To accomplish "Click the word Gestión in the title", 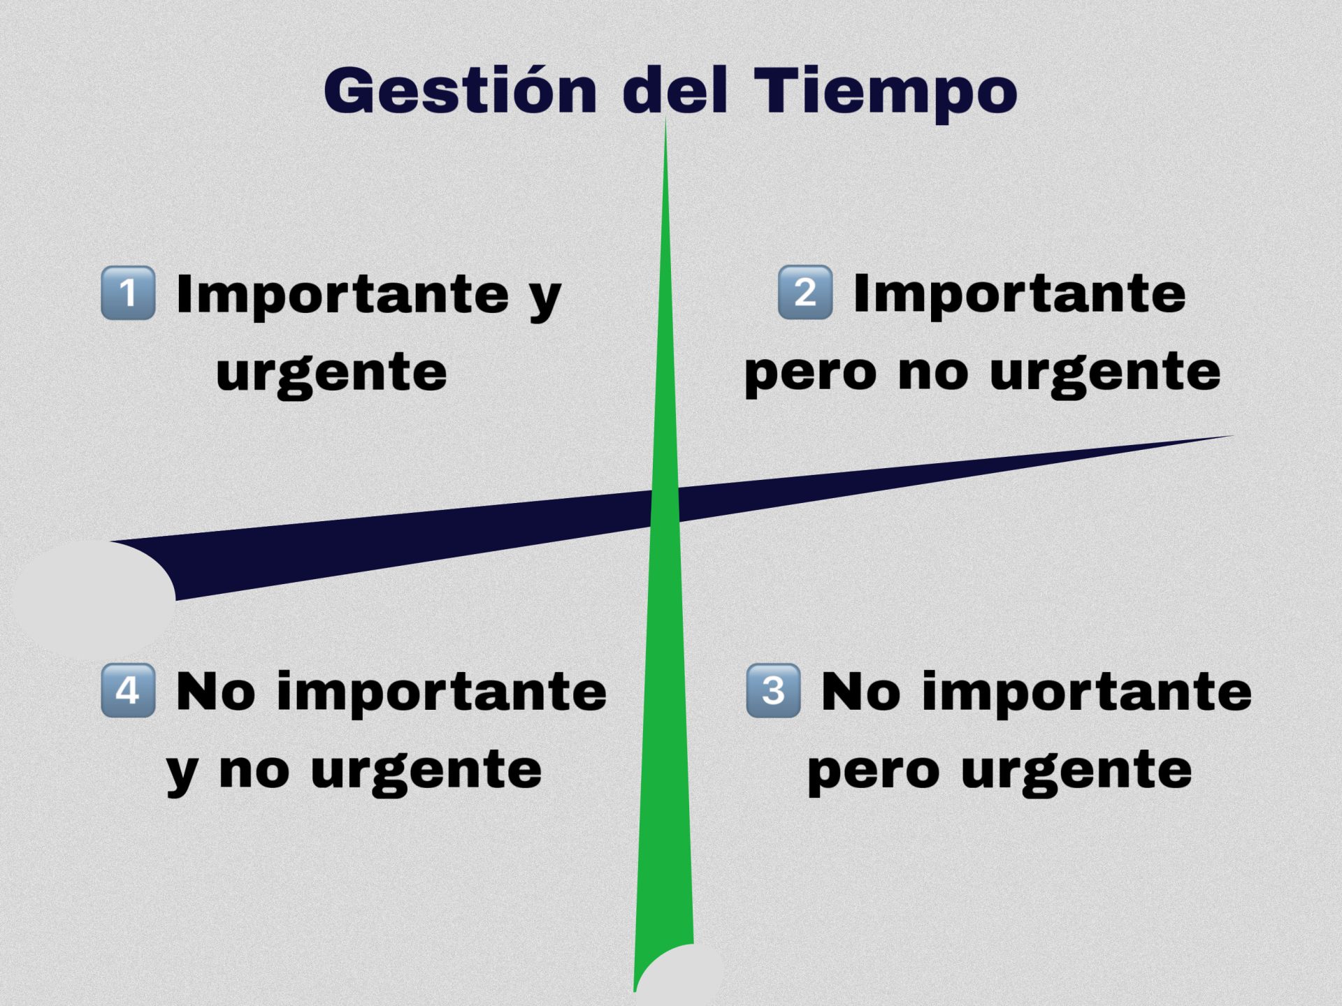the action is pyautogui.click(x=460, y=91).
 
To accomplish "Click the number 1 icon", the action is pyautogui.click(x=128, y=293).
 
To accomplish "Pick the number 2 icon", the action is pyautogui.click(x=805, y=292).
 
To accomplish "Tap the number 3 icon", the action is pyautogui.click(x=773, y=690).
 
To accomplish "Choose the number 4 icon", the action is pyautogui.click(x=128, y=690).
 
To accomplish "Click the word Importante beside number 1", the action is pyautogui.click(x=342, y=295).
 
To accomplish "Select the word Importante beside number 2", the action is pyautogui.click(x=1020, y=294).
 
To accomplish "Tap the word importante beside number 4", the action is pyautogui.click(x=442, y=692).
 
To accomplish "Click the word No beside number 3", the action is pyautogui.click(x=861, y=692).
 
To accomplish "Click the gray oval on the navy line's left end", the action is pyautogui.click(x=94, y=599).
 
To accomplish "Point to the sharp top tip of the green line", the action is pyautogui.click(x=665, y=119).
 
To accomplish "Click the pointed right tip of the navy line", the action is pyautogui.click(x=1233, y=435).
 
